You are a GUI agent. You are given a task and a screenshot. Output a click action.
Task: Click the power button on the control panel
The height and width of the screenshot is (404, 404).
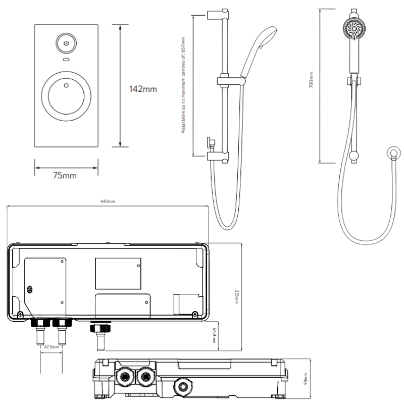66,43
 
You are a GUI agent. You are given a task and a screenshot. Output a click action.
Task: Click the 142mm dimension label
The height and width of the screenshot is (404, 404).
142,89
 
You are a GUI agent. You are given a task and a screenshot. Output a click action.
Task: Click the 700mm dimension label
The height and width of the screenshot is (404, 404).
312,81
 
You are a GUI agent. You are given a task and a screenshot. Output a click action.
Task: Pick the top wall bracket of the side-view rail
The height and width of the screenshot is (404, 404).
212,16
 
